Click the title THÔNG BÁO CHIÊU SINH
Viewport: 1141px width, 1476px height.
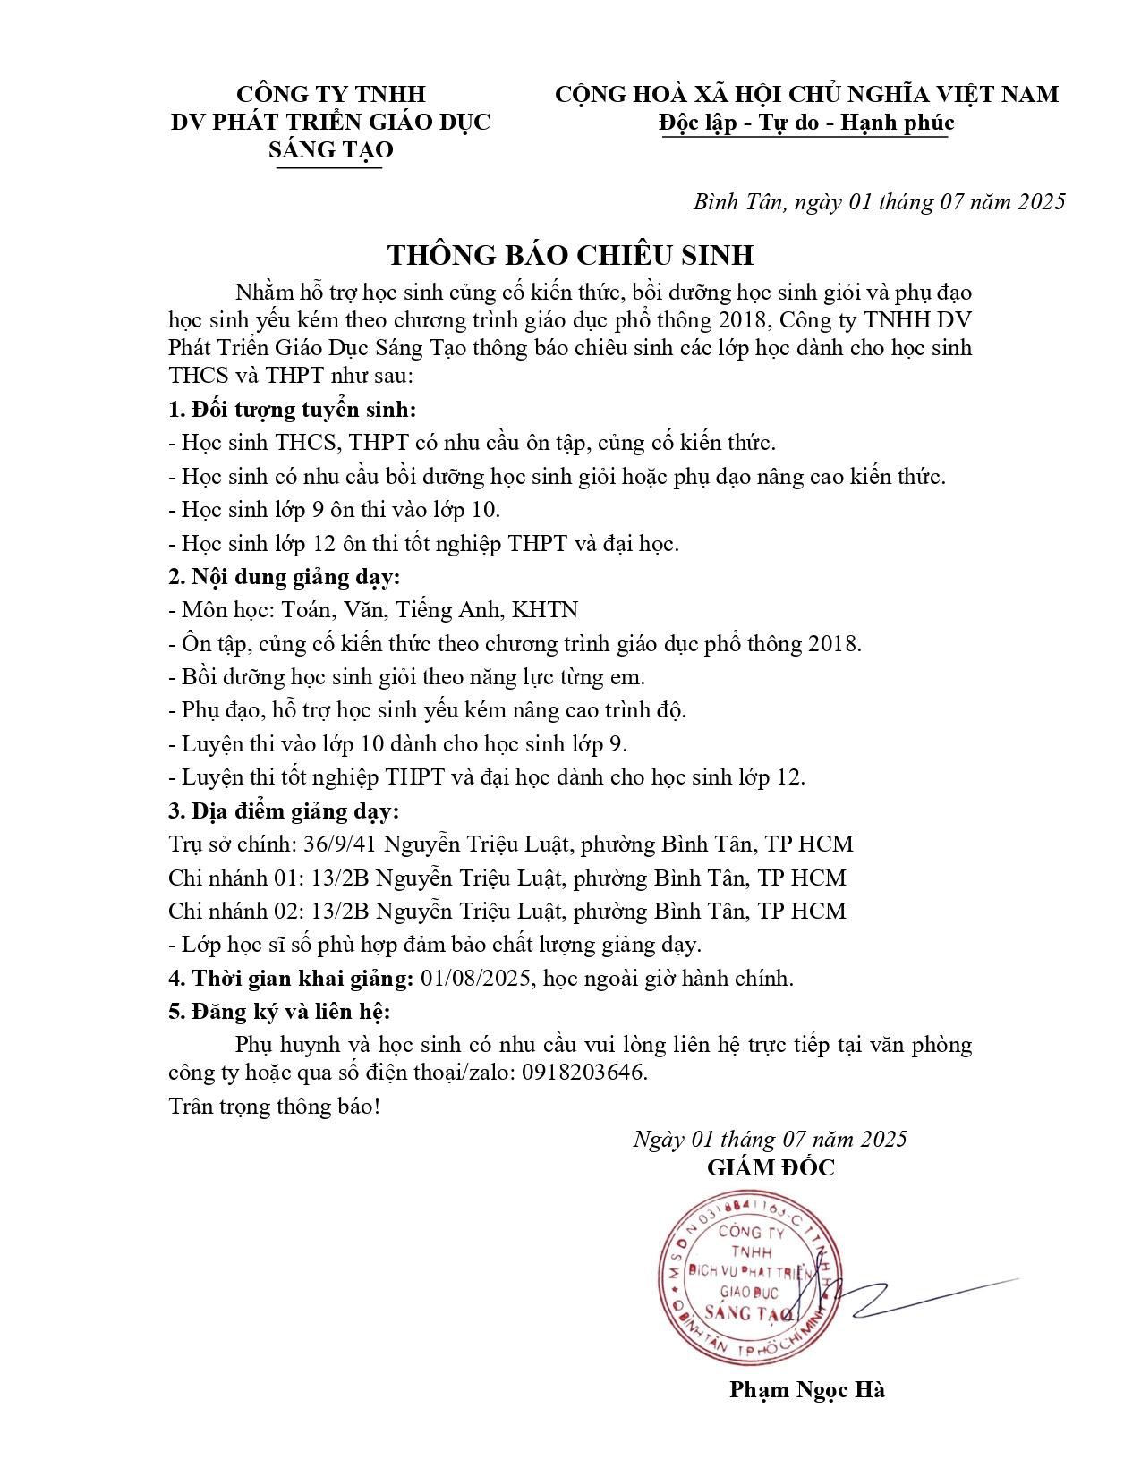(x=570, y=255)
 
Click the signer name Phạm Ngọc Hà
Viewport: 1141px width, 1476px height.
(x=806, y=1389)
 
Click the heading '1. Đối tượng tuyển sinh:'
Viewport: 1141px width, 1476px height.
(x=293, y=410)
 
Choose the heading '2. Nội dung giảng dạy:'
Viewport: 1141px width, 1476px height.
(x=285, y=577)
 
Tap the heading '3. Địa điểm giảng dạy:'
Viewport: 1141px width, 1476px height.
(x=284, y=811)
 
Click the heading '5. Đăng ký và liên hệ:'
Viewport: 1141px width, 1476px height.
(x=279, y=1012)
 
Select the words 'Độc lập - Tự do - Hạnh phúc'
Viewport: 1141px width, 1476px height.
(x=806, y=123)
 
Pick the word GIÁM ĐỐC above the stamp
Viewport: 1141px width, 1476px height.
(x=770, y=1167)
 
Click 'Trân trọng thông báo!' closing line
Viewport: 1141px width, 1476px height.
(x=274, y=1107)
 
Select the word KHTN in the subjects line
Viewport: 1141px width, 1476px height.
(x=544, y=610)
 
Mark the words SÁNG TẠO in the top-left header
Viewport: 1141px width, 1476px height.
(x=330, y=149)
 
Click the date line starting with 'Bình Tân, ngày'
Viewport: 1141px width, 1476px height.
(x=879, y=202)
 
